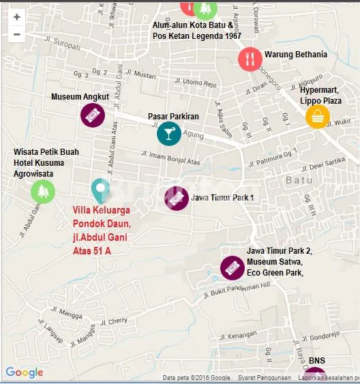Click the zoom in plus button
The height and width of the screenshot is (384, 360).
(16, 17)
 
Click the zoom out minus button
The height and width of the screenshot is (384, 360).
(16, 33)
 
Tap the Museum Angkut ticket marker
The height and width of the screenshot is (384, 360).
(92, 116)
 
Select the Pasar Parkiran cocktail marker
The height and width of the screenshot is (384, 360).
(168, 134)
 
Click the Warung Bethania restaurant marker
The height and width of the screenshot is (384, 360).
(250, 59)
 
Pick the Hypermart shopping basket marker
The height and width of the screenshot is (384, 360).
(317, 117)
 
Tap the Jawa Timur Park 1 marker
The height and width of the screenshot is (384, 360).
(176, 198)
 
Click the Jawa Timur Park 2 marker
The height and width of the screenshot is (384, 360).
(232, 267)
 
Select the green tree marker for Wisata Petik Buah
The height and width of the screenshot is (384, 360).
(43, 191)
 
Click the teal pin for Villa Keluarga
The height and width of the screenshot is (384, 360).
(100, 190)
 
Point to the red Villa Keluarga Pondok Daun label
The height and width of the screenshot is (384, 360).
(102, 230)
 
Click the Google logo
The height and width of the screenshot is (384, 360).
(25, 372)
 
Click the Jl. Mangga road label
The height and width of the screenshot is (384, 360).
(64, 313)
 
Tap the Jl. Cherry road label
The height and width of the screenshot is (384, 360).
(113, 321)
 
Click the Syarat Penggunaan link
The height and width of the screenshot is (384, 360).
(265, 377)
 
